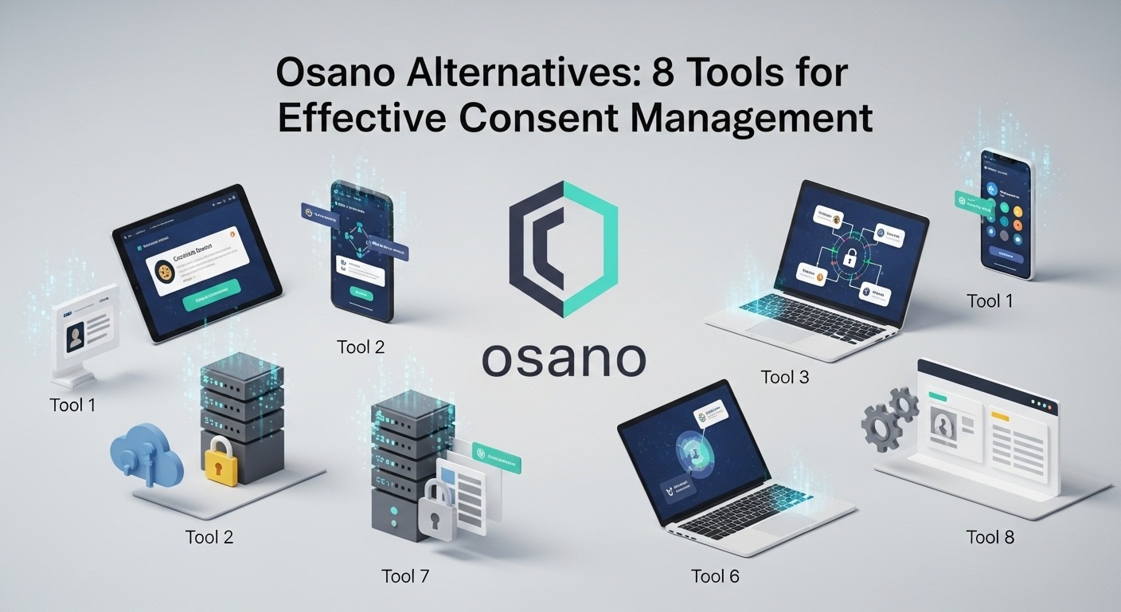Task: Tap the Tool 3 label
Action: pyautogui.click(x=784, y=377)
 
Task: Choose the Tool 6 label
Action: pyautogui.click(x=715, y=576)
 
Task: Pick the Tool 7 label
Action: pyautogui.click(x=405, y=576)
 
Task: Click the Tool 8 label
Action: pyautogui.click(x=990, y=536)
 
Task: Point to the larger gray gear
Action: pyautogui.click(x=881, y=423)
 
